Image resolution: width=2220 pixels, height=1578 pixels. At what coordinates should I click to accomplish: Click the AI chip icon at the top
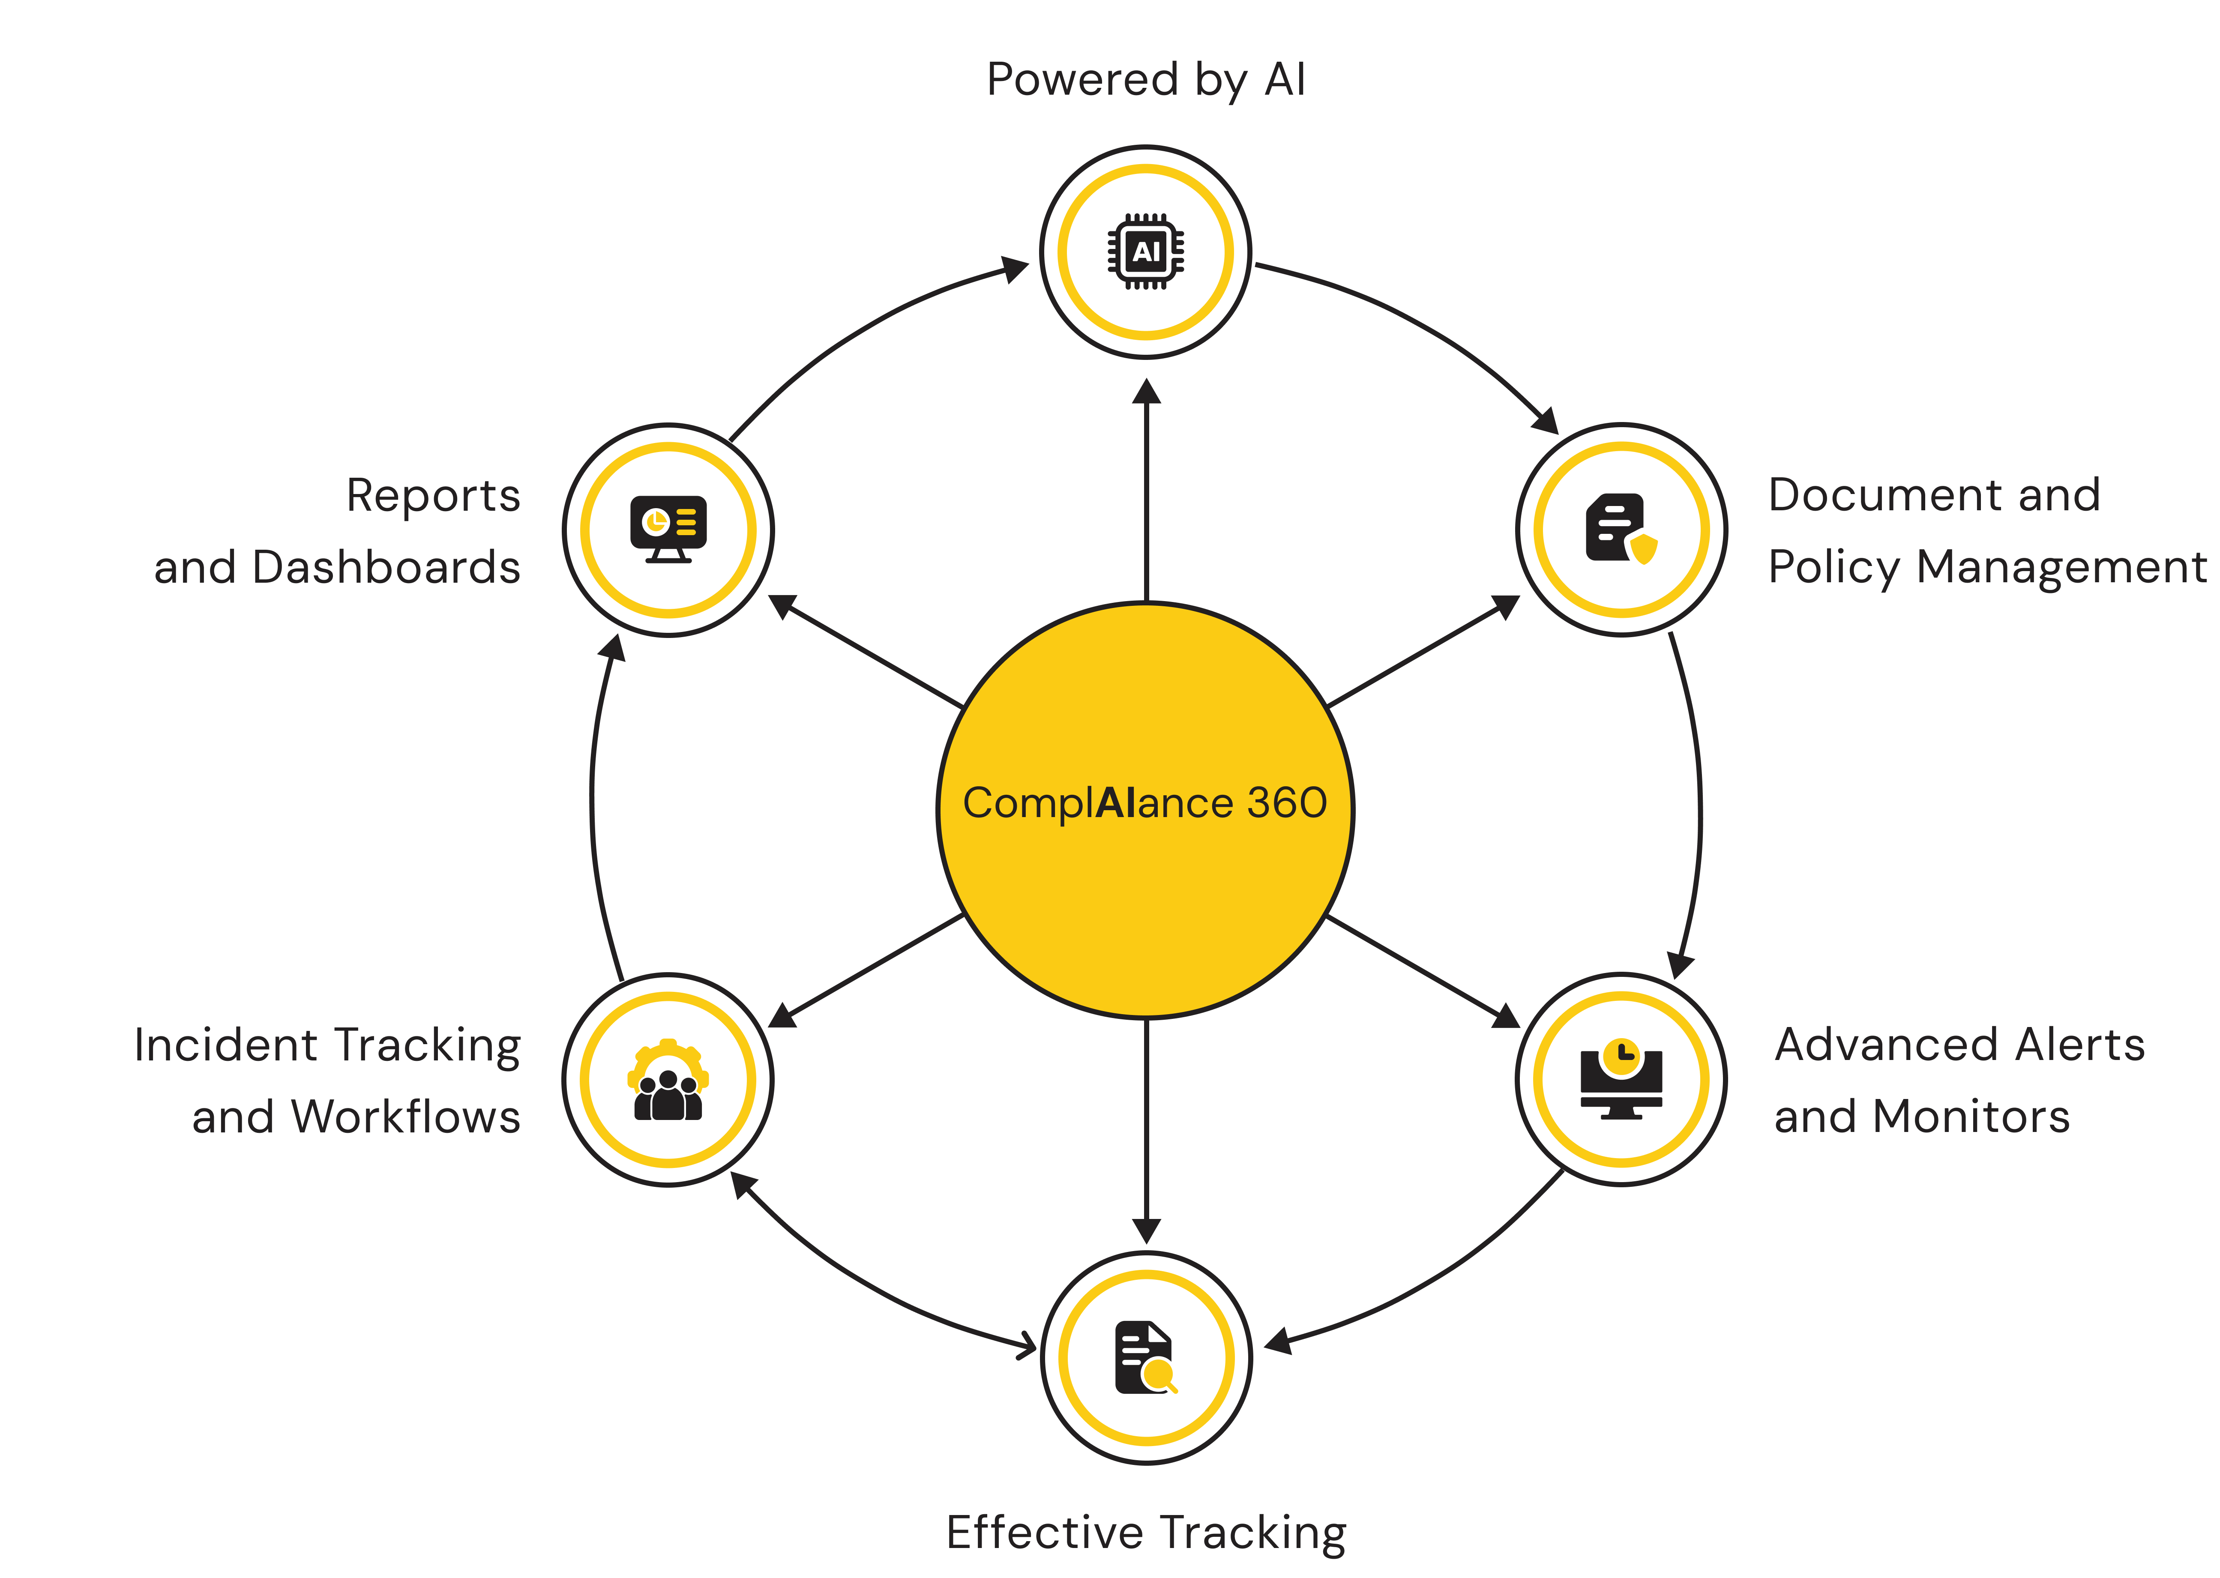[x=1147, y=252]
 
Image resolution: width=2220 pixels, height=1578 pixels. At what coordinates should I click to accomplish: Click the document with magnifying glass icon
[x=1147, y=1357]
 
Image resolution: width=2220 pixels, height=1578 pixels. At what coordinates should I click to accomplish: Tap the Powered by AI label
[x=1147, y=80]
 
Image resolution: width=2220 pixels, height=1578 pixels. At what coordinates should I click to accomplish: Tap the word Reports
[x=433, y=496]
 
